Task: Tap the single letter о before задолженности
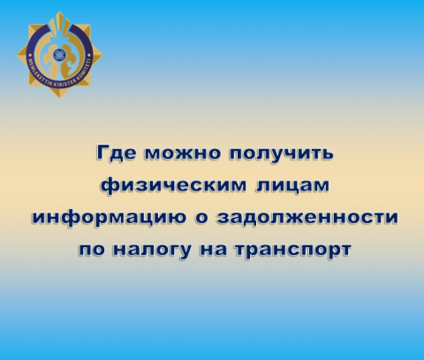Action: [x=201, y=218]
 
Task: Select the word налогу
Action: [x=152, y=251]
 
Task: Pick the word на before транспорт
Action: [x=214, y=250]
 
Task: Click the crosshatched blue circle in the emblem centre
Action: [x=59, y=55]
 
